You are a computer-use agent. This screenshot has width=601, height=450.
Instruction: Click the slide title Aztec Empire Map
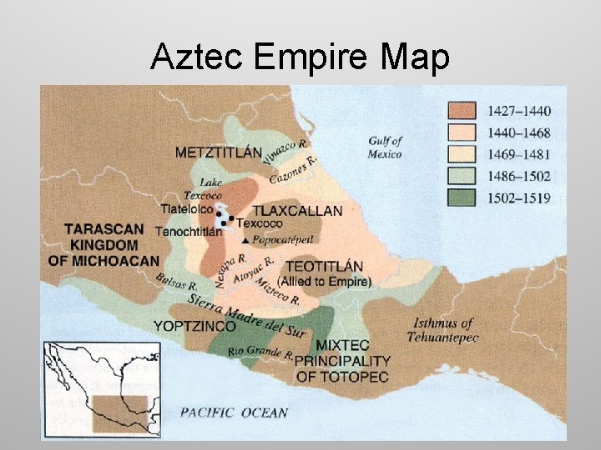tap(300, 57)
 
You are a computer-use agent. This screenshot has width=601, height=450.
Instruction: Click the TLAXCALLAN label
tap(297, 210)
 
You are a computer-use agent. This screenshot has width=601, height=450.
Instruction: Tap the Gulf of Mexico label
tap(385, 147)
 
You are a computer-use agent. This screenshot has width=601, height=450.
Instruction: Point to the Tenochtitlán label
tap(189, 232)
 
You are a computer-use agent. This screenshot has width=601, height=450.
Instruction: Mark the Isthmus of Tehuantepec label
tap(442, 330)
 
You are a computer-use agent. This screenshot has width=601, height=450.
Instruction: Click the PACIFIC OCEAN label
tap(234, 412)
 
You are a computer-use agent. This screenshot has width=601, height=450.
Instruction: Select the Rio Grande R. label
tap(260, 352)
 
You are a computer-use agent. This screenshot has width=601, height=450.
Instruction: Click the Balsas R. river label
tap(174, 283)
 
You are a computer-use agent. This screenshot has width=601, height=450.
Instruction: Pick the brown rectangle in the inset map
tap(119, 410)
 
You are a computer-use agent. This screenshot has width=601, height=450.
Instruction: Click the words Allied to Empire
tap(325, 282)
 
